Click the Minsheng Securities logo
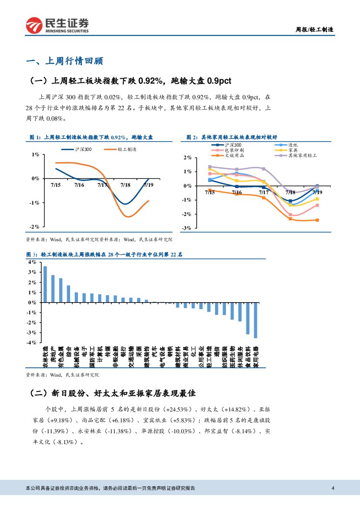click(x=57, y=25)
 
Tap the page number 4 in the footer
click(x=333, y=488)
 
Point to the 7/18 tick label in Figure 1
click(x=125, y=185)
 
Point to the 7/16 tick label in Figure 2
click(x=236, y=192)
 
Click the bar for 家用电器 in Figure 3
click(x=256, y=320)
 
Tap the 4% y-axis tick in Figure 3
click(x=32, y=262)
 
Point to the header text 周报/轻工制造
click(x=315, y=30)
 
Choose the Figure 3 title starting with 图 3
click(x=104, y=254)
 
